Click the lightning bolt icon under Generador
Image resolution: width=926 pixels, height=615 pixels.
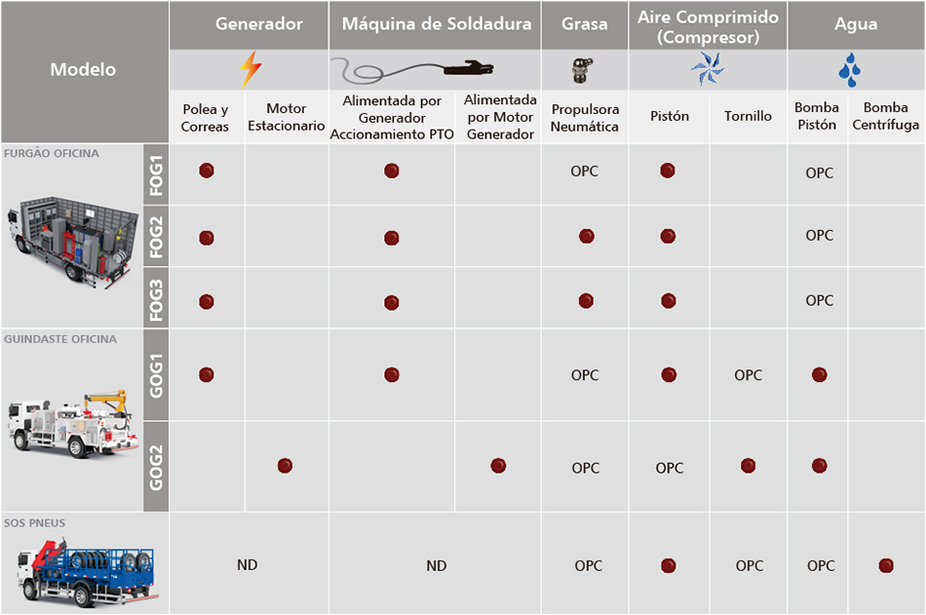pos(250,70)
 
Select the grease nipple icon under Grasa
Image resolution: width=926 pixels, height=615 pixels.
pos(584,69)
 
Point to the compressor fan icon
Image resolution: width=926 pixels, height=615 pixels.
pos(707,69)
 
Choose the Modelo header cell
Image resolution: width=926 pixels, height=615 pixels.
pos(83,70)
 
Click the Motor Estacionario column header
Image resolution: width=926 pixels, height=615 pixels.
pos(286,117)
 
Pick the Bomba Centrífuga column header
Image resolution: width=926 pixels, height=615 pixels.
pos(885,116)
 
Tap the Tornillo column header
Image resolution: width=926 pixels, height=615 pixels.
pos(748,116)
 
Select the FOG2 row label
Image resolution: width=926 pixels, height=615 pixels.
pos(156,237)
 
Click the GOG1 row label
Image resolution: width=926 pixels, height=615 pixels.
pos(156,374)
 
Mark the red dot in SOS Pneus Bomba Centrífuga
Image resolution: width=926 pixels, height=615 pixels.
pos(886,565)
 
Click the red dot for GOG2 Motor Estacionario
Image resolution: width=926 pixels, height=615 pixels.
pos(285,466)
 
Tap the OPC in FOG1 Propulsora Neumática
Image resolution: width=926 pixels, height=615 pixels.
pos(585,172)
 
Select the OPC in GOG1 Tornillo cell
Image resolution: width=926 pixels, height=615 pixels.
pos(749,375)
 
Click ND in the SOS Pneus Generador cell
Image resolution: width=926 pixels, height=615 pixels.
pos(248,565)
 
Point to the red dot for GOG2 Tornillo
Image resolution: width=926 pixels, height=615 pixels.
pos(748,466)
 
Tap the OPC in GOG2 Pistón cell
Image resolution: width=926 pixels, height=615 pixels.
pos(669,468)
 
